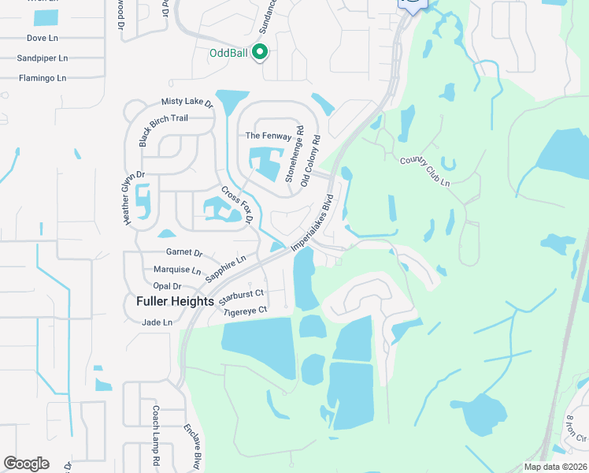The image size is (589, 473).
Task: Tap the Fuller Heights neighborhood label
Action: tap(176, 301)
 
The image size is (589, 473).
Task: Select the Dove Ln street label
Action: tap(42, 37)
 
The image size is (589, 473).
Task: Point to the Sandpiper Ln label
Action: tap(43, 58)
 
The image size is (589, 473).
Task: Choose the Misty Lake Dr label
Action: tap(187, 102)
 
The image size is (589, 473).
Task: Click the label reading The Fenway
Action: tap(269, 136)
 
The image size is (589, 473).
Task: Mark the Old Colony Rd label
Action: tap(311, 161)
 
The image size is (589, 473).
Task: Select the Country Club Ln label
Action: tap(424, 171)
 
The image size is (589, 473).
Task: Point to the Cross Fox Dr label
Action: tap(235, 204)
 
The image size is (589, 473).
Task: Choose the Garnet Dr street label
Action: tap(184, 253)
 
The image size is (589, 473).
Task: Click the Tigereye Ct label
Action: tap(246, 311)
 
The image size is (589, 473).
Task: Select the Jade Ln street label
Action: tap(157, 322)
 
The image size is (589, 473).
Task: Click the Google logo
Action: tap(26, 464)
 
